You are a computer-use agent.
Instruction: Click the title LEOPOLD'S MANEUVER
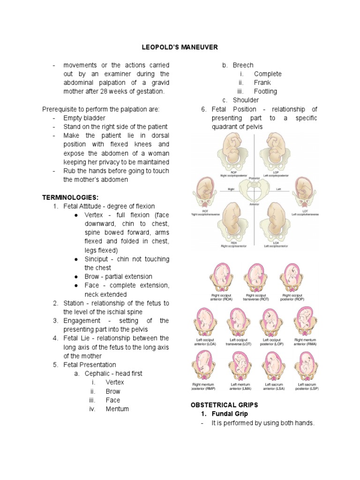click(180, 47)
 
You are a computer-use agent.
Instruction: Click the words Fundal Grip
click(230, 414)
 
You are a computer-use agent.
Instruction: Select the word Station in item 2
click(75, 303)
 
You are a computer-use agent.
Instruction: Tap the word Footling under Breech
click(265, 91)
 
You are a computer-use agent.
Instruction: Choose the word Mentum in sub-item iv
click(117, 409)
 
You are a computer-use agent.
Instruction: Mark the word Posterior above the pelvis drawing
click(255, 178)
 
